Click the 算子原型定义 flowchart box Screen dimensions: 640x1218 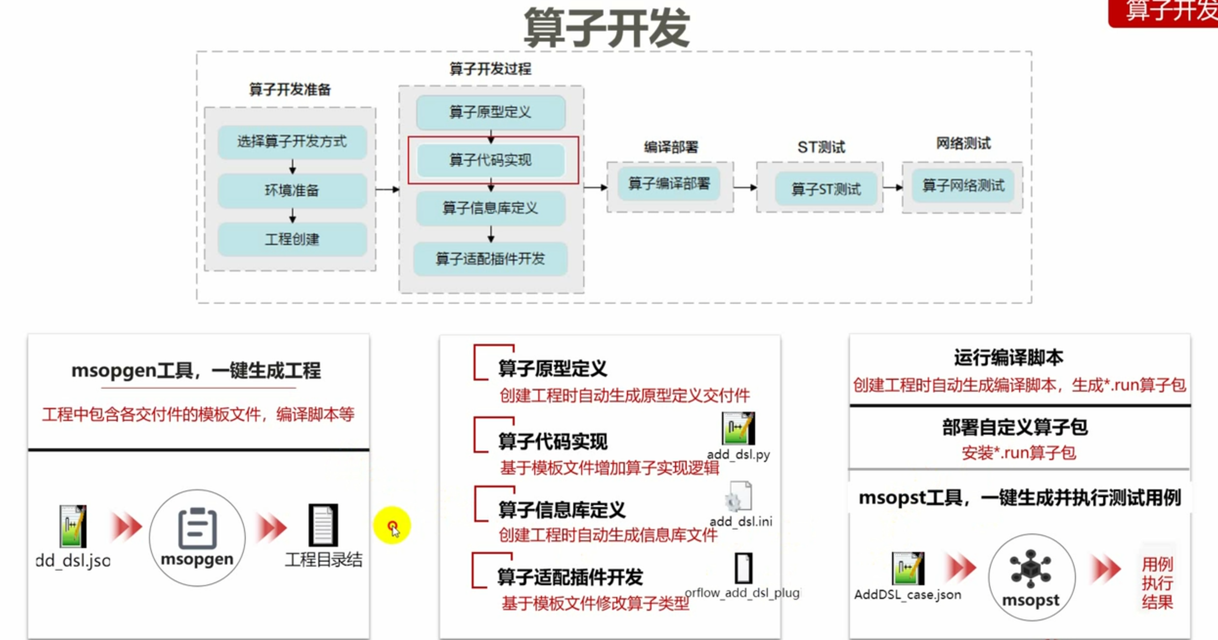click(x=490, y=112)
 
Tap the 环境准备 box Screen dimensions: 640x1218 click(x=292, y=190)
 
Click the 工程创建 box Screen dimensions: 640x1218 click(x=292, y=239)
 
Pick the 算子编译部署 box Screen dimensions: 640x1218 click(x=669, y=184)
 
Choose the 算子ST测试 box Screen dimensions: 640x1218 click(x=826, y=189)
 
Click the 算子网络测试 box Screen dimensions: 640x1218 click(x=963, y=185)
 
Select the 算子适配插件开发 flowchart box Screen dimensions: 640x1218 click(x=490, y=259)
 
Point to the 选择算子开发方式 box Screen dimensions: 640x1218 click(x=292, y=142)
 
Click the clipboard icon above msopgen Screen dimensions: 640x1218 click(x=197, y=528)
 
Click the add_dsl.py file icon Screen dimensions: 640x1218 click(x=738, y=428)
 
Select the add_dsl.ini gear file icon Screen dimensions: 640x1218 click(x=739, y=497)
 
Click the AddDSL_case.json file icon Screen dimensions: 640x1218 click(x=908, y=568)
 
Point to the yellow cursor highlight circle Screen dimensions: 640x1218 click(x=392, y=526)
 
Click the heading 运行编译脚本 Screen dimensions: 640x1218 click(x=1008, y=358)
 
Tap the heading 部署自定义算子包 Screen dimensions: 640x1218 click(x=1015, y=427)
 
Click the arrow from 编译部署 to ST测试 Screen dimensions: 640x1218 click(x=745, y=187)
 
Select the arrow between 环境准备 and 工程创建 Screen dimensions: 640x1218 click(x=292, y=215)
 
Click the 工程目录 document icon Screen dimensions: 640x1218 click(x=323, y=525)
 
